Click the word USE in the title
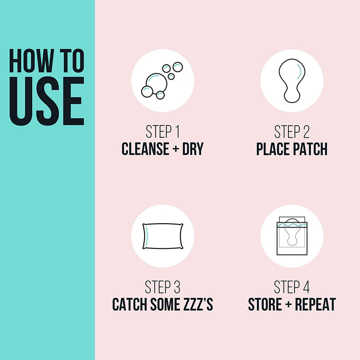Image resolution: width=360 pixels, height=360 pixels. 47,101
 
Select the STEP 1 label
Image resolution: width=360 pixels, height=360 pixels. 162,131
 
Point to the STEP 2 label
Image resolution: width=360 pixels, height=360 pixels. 292,131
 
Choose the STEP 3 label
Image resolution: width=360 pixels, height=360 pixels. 162,287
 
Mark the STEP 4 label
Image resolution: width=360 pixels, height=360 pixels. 292,287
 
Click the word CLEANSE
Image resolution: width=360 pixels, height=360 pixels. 145,149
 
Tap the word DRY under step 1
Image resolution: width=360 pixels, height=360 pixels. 193,149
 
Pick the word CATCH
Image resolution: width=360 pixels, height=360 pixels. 130,304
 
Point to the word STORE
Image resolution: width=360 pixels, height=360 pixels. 265,304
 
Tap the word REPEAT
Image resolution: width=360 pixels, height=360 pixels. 315,304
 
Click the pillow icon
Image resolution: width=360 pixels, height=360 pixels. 163,236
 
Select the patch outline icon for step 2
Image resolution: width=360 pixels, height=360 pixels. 292,81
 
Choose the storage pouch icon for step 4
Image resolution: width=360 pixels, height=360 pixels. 292,236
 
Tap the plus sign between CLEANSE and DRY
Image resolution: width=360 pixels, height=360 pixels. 176,149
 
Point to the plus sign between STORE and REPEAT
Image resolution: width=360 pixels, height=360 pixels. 288,305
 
